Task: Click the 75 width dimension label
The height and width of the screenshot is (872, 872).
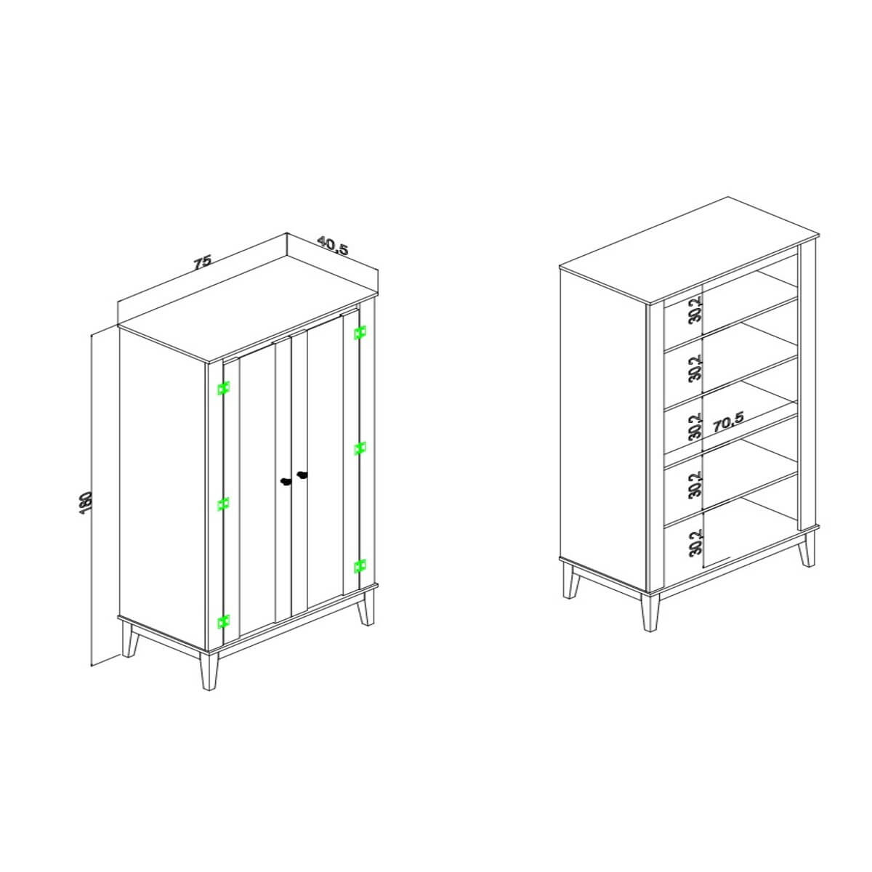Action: (202, 262)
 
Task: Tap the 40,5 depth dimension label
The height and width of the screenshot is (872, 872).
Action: (333, 246)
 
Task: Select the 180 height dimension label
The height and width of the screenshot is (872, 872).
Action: (86, 502)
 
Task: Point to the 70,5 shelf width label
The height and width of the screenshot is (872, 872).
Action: (729, 424)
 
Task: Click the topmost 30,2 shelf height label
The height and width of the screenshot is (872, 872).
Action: (695, 309)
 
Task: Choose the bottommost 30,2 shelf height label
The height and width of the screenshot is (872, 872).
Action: (695, 543)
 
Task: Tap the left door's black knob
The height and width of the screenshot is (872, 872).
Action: (285, 481)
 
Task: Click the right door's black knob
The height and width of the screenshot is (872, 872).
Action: (302, 475)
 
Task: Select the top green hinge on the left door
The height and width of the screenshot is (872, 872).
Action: (223, 388)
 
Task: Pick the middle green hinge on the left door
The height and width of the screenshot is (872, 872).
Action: (223, 504)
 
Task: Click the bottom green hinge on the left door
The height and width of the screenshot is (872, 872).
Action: (223, 622)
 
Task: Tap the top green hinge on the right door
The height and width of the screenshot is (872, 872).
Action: (360, 333)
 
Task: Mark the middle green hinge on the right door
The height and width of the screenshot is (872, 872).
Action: (360, 448)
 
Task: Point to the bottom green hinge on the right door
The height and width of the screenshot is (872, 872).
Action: (360, 566)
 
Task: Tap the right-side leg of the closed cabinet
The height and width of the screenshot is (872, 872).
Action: (366, 609)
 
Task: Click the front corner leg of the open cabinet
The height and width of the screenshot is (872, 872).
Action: (650, 613)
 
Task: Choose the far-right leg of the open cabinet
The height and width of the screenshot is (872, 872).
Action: (807, 550)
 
